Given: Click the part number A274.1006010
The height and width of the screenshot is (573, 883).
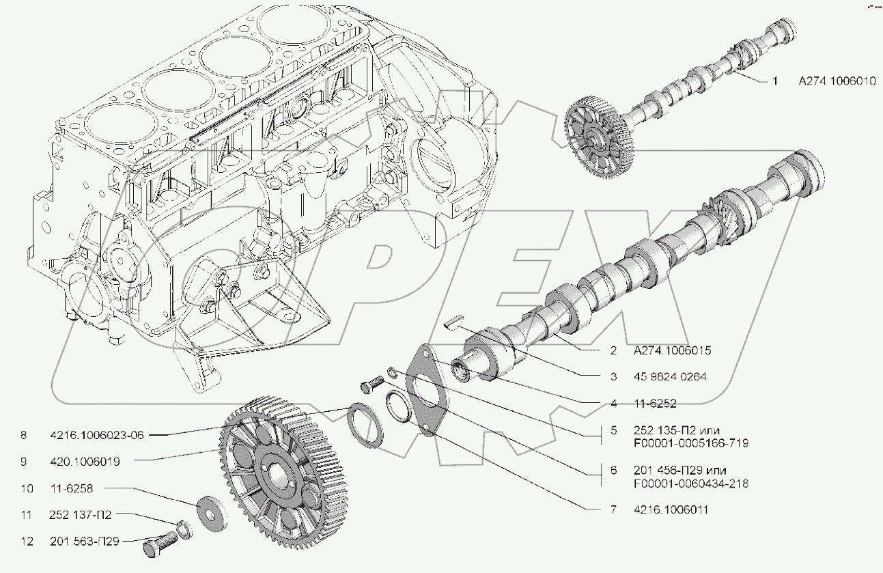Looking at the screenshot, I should pos(837,81).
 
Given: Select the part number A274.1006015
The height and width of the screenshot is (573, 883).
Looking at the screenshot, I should pos(672,350).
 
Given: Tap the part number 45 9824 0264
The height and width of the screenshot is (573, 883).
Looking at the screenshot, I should pos(669,376).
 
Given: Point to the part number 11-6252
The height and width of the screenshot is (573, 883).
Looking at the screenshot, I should pos(655,404).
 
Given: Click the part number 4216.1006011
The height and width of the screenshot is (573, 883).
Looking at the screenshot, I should pos(673,509).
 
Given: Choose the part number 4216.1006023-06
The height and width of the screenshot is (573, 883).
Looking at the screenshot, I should pos(97,435).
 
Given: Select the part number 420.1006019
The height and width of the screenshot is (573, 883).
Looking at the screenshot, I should pos(85,462).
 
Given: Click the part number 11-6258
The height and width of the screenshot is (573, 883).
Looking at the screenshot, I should pos(72,488).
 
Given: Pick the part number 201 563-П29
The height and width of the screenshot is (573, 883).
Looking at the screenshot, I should pos(85,542).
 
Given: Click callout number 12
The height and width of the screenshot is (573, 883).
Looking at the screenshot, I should pos(27,542).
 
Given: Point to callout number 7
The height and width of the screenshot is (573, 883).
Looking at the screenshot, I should pos(614,509).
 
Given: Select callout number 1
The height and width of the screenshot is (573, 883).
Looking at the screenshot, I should pos(775,81).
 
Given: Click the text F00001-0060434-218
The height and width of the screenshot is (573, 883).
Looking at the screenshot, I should pos(692,484).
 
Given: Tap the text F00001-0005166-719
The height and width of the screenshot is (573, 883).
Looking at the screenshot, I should pos(692,443).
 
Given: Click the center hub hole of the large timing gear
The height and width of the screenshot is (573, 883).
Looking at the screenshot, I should pos(277,474).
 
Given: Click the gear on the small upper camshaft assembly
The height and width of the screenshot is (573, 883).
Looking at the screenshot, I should pos(595,135).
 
